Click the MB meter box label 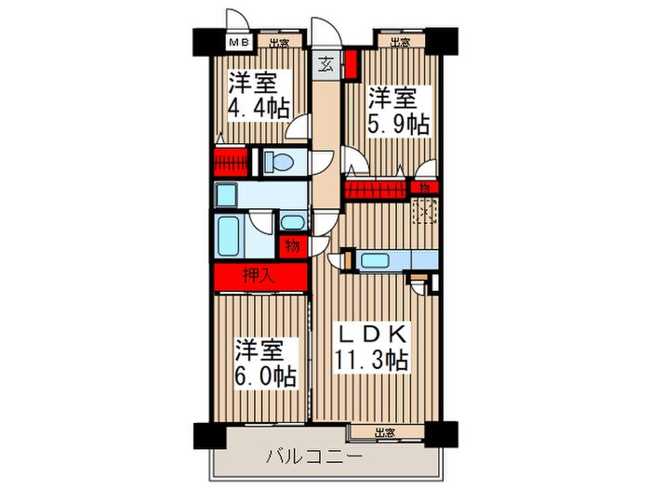(x=239, y=42)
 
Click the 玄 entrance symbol (x=327, y=64)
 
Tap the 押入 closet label (x=259, y=275)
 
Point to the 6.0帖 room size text (x=265, y=376)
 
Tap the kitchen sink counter (x=376, y=260)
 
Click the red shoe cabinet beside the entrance (x=351, y=66)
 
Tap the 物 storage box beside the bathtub (x=292, y=246)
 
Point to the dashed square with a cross (x=425, y=214)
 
